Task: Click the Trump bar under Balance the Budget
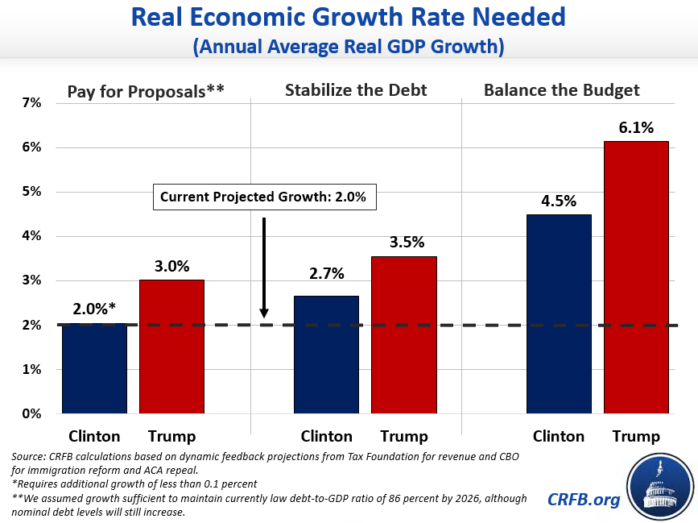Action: click(636, 277)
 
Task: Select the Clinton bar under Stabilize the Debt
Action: click(326, 355)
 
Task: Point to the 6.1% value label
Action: click(636, 127)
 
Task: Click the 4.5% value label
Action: click(559, 201)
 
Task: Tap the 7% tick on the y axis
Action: click(31, 103)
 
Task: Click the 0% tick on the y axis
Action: click(31, 414)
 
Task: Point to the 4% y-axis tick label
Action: click(31, 236)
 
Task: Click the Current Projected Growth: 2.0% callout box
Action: click(264, 197)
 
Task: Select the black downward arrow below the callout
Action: click(264, 267)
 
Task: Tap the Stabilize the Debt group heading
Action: click(356, 90)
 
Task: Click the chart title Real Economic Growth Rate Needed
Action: click(349, 18)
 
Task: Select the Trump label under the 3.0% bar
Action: click(171, 437)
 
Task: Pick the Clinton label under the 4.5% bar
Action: click(559, 437)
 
